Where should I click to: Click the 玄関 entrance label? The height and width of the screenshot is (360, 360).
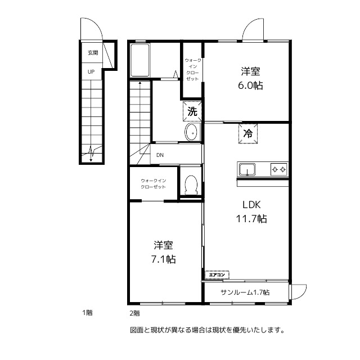[92, 53]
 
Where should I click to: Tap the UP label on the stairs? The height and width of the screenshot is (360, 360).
[91, 71]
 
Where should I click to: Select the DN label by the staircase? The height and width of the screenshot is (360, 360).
[160, 155]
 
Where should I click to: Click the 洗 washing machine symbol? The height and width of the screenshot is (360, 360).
[192, 111]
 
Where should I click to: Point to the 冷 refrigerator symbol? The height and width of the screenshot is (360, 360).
[247, 134]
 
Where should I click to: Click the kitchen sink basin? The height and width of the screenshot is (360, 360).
[247, 169]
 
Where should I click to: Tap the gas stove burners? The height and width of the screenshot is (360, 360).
[279, 169]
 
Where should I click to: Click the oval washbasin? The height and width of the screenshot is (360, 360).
[191, 133]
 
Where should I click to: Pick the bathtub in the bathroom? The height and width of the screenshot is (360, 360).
[139, 61]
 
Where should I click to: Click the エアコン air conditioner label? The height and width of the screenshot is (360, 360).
[217, 275]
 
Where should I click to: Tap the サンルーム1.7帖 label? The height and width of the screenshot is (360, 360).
[245, 292]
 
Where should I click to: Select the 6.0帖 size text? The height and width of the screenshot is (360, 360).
[251, 85]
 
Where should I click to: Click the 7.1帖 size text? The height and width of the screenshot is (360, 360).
[163, 259]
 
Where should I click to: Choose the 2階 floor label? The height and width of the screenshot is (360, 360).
[134, 313]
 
